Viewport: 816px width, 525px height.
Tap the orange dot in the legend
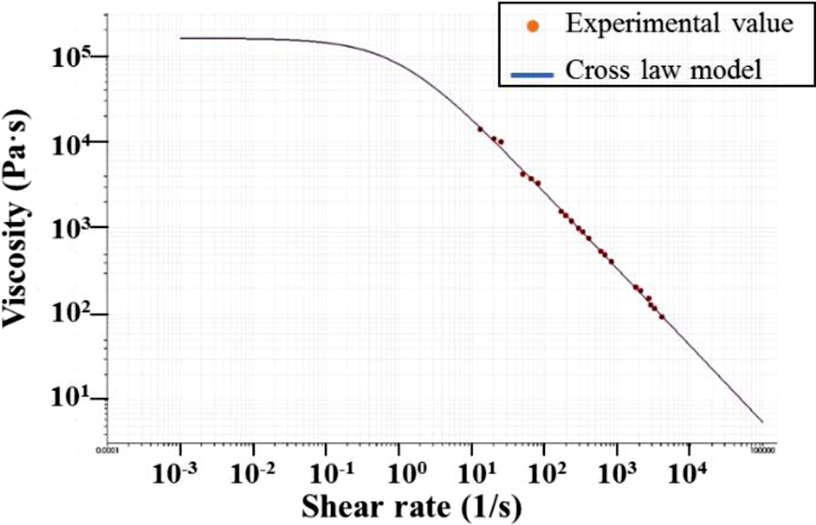532,25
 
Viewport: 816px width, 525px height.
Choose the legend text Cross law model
663,70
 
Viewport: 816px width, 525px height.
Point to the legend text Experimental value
678,24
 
